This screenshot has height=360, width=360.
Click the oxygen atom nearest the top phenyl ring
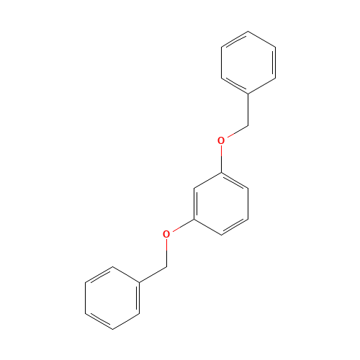coord(221,140)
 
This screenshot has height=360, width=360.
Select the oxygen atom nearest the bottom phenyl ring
coord(166,234)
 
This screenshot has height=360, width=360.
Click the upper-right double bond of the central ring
coord(234,180)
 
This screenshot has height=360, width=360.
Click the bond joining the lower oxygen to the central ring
coord(181,225)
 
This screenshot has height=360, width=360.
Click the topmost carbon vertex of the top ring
coord(248,32)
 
